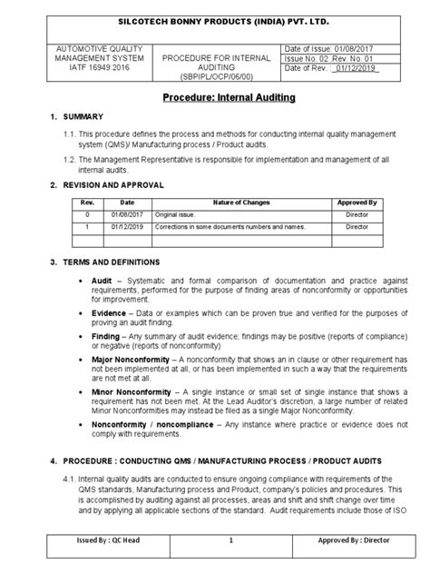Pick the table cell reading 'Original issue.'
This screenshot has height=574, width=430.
point(178,216)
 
